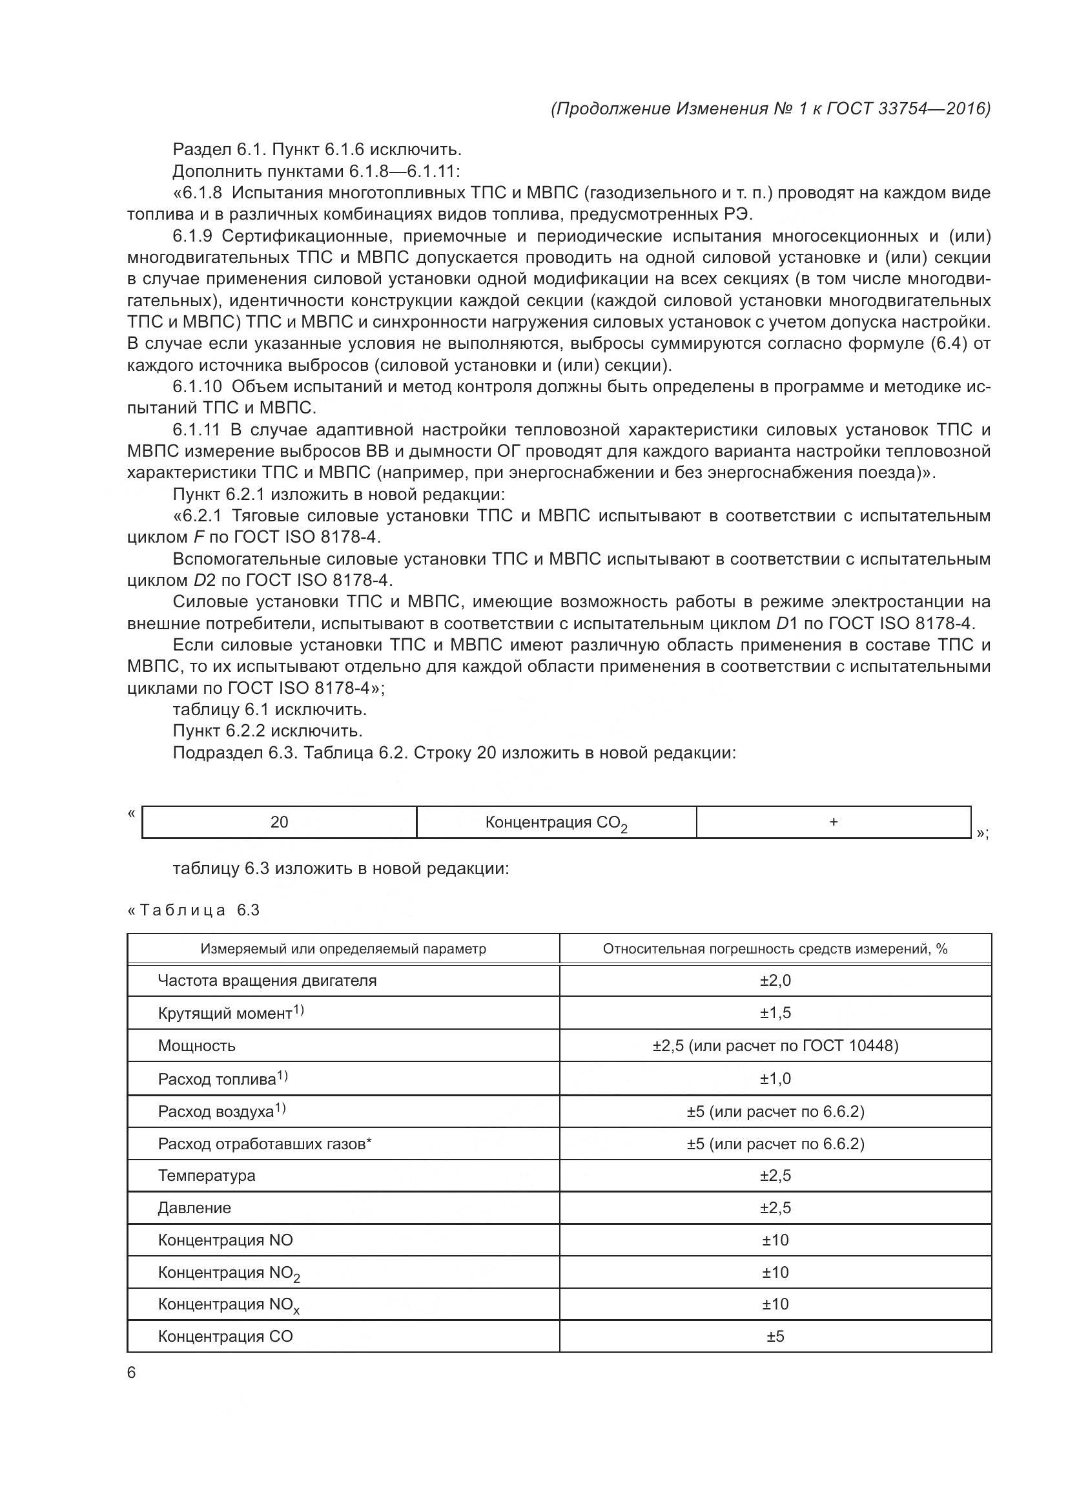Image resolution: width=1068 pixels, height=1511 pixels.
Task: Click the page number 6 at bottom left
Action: [x=132, y=1372]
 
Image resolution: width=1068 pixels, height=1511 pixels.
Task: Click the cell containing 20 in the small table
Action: [x=279, y=822]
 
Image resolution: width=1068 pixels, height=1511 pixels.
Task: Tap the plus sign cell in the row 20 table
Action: [x=833, y=821]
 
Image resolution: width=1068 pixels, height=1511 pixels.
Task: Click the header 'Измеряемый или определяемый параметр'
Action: [x=344, y=948]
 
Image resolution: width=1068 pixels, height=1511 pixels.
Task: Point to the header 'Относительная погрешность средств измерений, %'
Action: [x=775, y=948]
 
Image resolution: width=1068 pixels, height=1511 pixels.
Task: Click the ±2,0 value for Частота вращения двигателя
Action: [x=775, y=981]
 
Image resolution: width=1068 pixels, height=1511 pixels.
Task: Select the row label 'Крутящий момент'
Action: [x=225, y=1014]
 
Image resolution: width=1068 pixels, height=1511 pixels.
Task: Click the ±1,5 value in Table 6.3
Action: [x=775, y=1013]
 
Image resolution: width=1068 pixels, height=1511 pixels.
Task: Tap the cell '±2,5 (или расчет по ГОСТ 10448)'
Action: [x=775, y=1046]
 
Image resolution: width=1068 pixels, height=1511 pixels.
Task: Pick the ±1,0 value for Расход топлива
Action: [x=775, y=1079]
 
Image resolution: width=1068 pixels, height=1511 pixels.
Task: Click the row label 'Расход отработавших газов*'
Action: [x=264, y=1144]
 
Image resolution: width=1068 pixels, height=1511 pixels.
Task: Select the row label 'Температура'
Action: [x=207, y=1175]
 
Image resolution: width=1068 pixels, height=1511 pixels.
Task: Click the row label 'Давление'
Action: [x=194, y=1207]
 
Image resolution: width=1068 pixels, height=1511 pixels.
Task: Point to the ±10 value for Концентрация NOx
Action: [x=775, y=1304]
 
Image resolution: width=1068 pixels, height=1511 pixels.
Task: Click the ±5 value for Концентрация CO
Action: [x=775, y=1336]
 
